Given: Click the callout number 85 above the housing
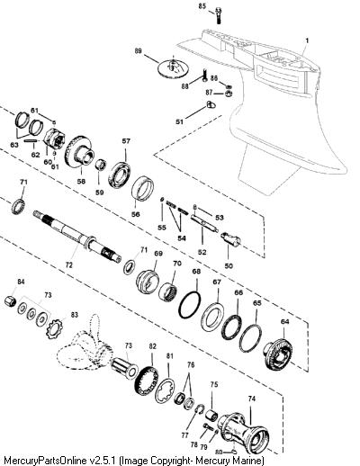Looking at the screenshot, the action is click(x=202, y=6).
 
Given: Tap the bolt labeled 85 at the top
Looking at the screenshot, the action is click(x=219, y=15).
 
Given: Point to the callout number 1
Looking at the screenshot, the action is click(x=307, y=40).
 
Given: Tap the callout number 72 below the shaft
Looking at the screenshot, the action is click(x=69, y=265).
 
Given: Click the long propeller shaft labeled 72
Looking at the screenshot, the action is click(x=77, y=236).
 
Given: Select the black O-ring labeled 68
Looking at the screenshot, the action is click(x=190, y=305).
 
